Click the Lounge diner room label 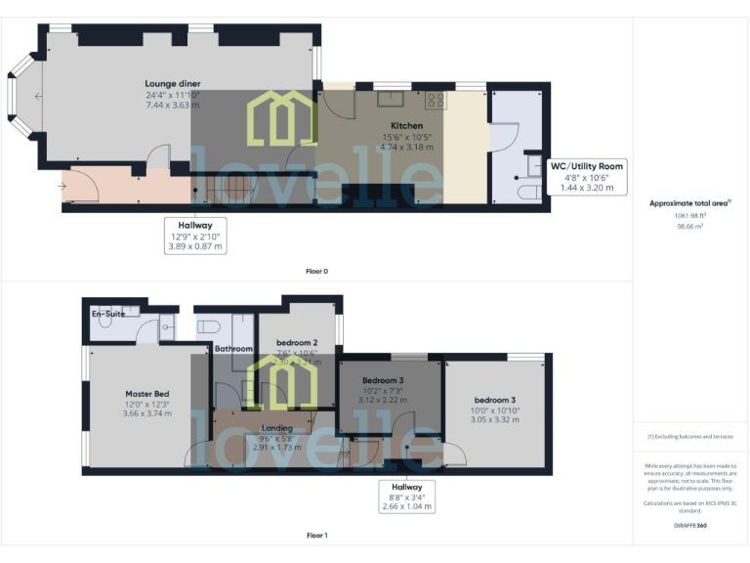click(173, 84)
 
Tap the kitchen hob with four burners click(436, 100)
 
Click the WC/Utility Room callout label click(587, 166)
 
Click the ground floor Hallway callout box click(195, 236)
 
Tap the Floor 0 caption click(316, 271)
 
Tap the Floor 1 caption click(316, 536)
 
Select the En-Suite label click(109, 314)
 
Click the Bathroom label click(234, 349)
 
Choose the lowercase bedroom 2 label click(297, 342)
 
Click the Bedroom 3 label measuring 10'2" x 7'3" click(383, 380)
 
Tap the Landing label click(277, 428)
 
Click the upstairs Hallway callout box click(407, 496)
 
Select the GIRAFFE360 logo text click(689, 526)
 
